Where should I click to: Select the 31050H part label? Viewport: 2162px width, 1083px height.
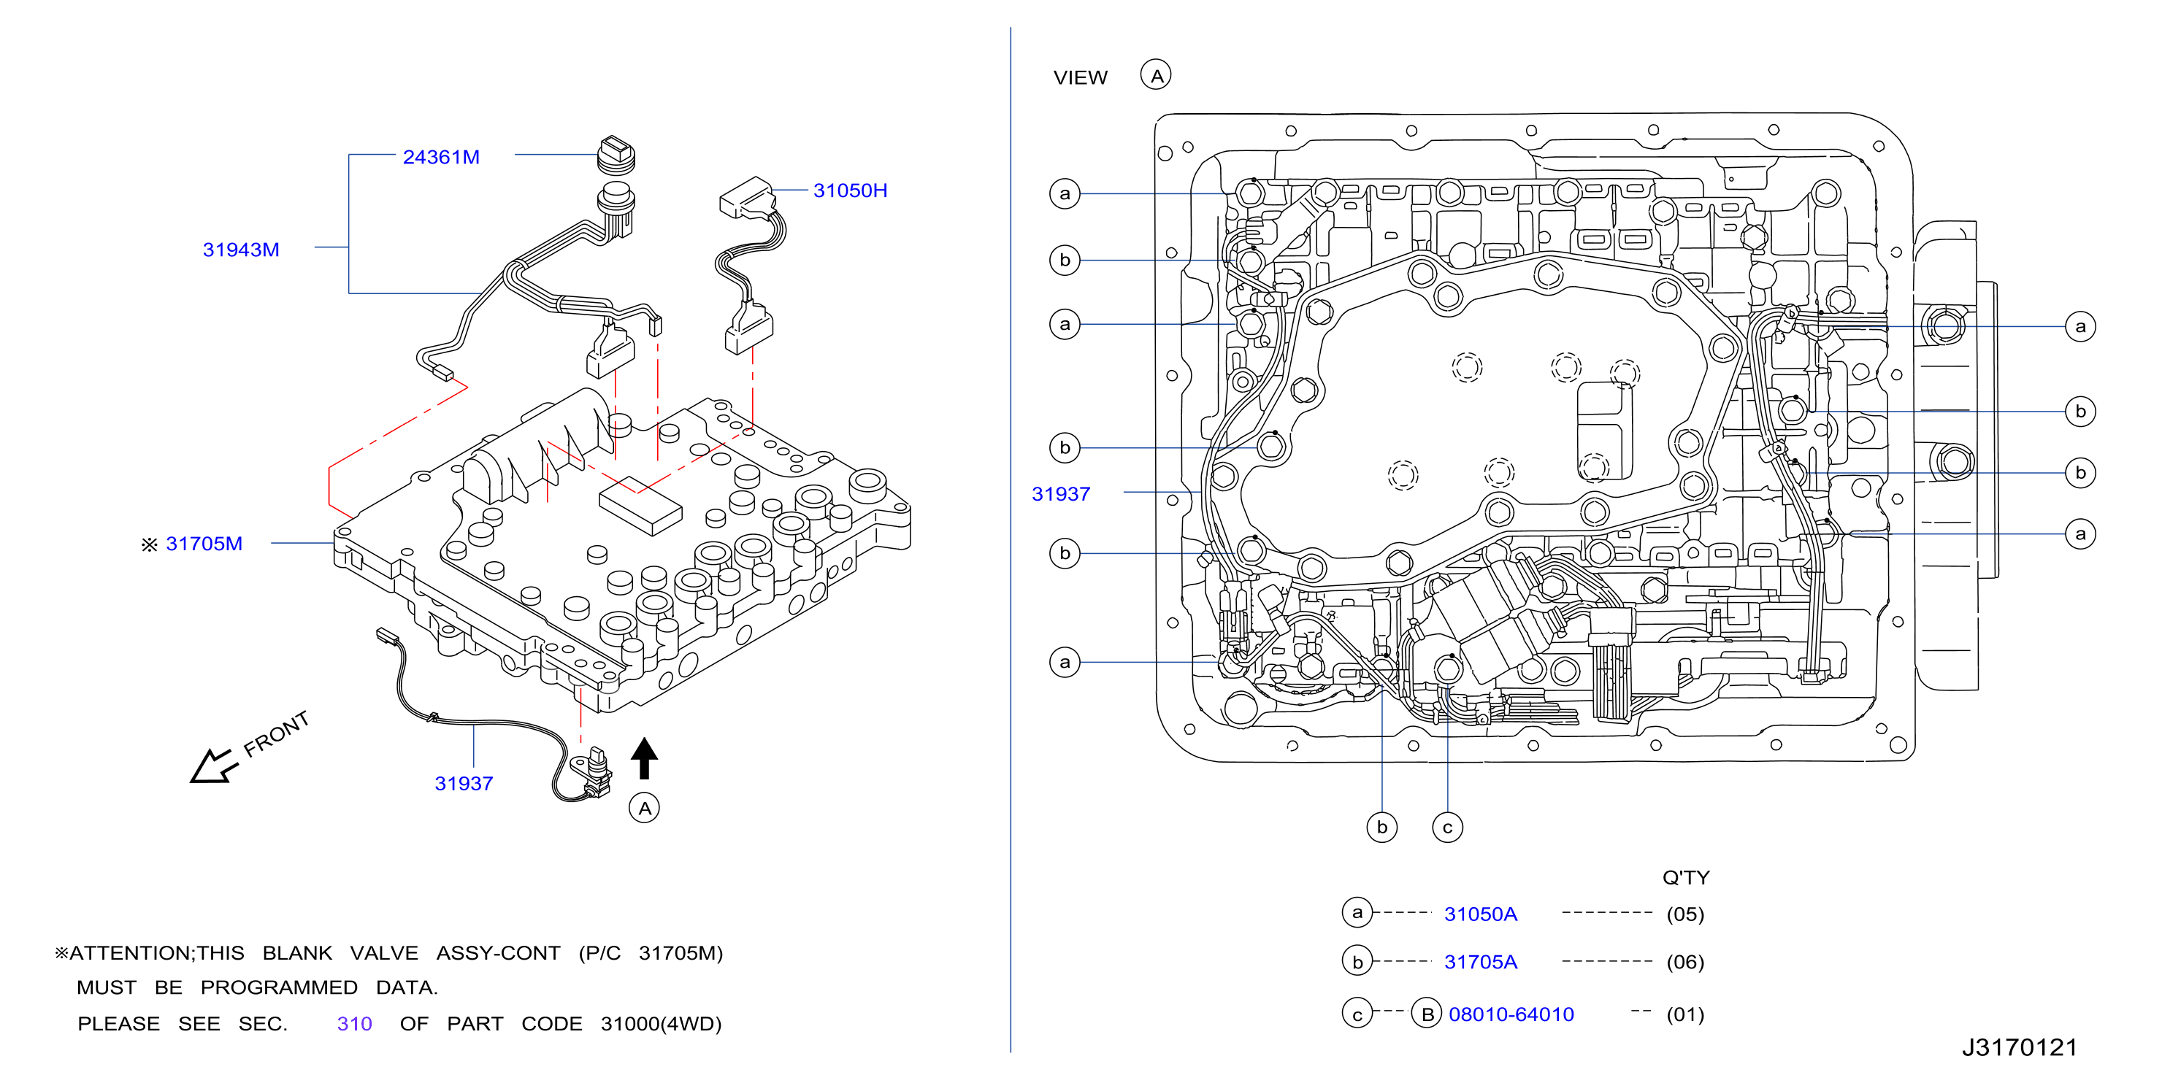[849, 190]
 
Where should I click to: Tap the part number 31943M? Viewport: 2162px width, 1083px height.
[241, 250]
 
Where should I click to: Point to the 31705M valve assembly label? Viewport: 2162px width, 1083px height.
[204, 544]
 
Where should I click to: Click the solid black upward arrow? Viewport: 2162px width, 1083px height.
[644, 758]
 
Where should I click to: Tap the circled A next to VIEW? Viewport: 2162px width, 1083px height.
[1156, 75]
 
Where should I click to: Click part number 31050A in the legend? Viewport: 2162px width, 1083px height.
[1481, 914]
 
